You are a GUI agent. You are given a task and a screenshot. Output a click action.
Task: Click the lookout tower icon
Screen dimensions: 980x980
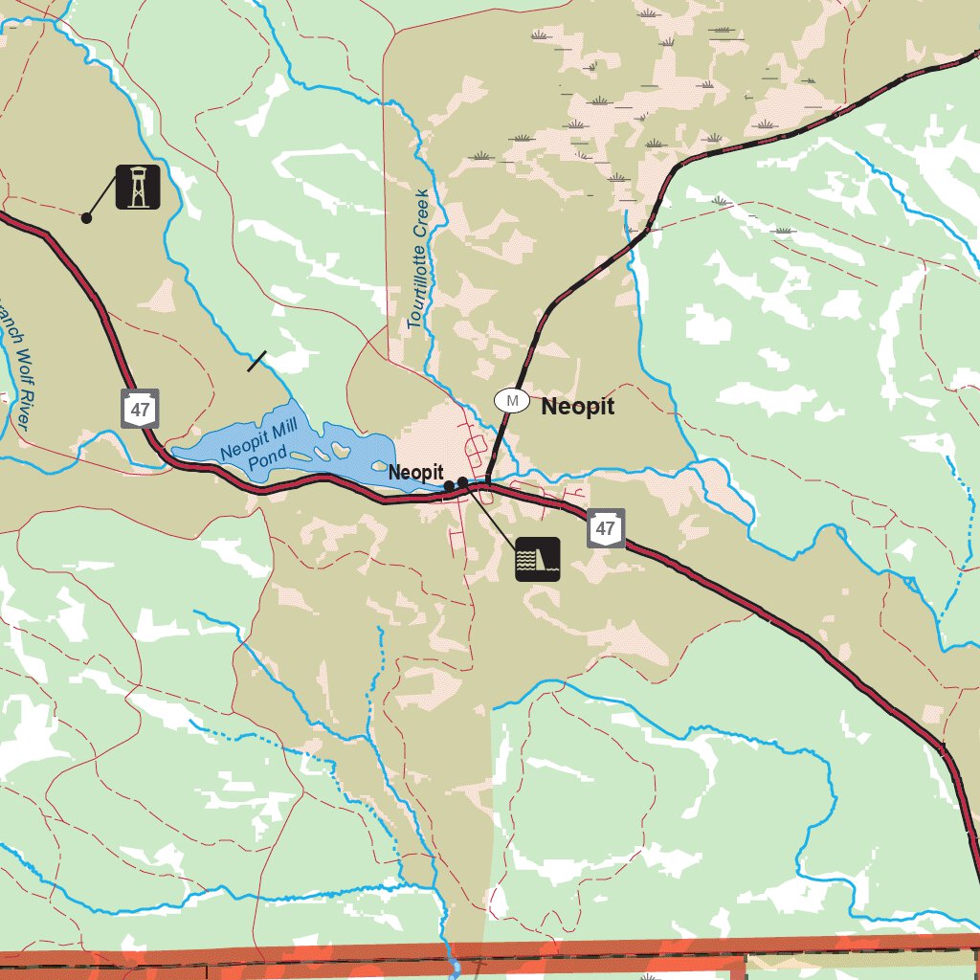138,187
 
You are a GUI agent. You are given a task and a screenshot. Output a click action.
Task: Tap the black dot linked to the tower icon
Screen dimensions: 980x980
86,218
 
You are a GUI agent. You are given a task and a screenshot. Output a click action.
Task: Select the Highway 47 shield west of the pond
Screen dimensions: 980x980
141,410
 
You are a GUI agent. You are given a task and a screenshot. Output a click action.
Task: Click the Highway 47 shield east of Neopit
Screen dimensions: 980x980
605,528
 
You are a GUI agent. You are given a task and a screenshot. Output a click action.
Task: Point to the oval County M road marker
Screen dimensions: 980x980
512,400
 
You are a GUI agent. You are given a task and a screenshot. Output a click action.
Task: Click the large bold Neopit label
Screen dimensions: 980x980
578,406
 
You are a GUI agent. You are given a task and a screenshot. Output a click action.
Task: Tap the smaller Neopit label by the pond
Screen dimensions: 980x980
415,473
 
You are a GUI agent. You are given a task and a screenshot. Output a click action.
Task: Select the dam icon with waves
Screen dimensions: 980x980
537,559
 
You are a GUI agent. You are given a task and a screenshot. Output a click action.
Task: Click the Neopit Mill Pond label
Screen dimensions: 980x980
253,449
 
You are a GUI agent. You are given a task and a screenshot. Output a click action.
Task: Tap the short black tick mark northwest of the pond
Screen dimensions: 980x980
256,361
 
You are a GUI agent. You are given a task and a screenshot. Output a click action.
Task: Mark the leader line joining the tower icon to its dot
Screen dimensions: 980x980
101,202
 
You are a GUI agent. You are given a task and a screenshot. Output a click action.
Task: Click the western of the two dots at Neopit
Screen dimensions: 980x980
449,486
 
